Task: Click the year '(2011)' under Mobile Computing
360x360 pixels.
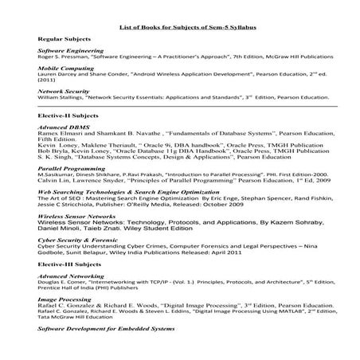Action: [x=46, y=80]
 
